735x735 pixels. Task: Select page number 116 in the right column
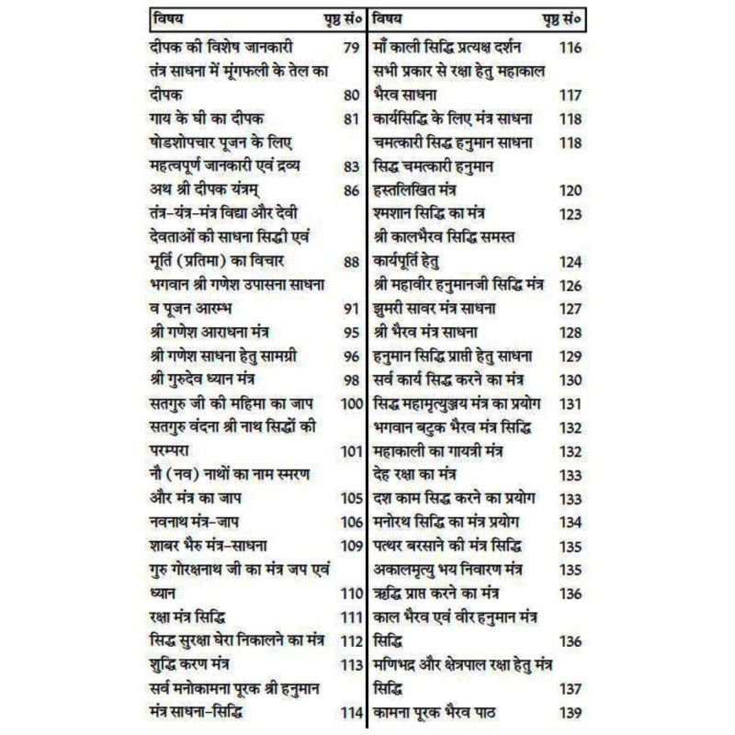pos(570,46)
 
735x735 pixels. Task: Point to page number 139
pos(570,710)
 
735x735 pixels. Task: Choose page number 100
pos(351,402)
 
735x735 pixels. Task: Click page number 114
pos(351,710)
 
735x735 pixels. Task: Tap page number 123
pos(570,212)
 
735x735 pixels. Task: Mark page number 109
pos(351,545)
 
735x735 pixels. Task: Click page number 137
pos(570,686)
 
